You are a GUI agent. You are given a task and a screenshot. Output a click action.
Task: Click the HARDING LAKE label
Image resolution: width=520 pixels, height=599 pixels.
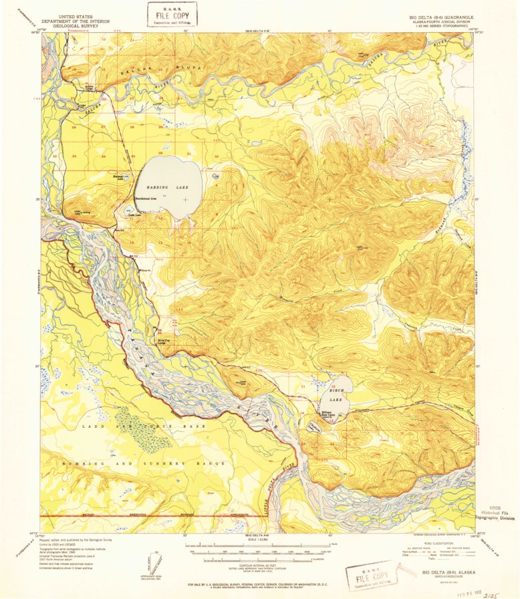click(x=164, y=189)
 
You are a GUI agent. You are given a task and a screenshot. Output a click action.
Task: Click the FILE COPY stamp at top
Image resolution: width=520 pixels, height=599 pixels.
click(x=173, y=13)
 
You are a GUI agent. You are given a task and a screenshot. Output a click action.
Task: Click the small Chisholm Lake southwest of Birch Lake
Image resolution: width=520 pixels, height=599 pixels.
click(x=313, y=424)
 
